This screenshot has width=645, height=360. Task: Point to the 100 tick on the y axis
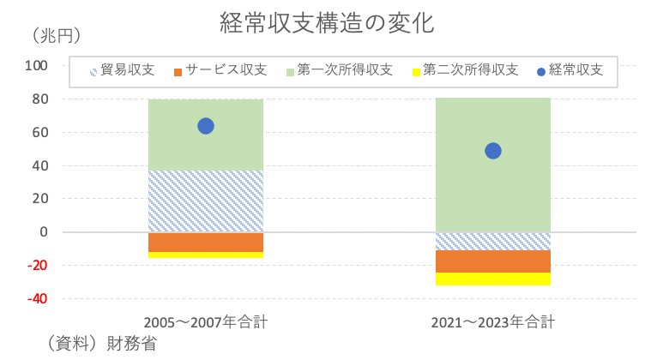pos(37,66)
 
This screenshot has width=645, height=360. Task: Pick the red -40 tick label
pos(38,299)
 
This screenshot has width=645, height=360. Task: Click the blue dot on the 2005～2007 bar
pos(206,126)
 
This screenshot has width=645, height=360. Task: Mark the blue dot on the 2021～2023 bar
pos(493,151)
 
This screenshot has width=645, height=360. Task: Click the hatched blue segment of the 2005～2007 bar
pos(206,201)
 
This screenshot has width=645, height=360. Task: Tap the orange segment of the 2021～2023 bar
pos(493,261)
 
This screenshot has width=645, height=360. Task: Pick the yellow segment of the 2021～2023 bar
pos(493,279)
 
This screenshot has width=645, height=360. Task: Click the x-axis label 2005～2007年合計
pos(206,323)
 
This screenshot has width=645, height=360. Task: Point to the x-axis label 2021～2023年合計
pos(493,323)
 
